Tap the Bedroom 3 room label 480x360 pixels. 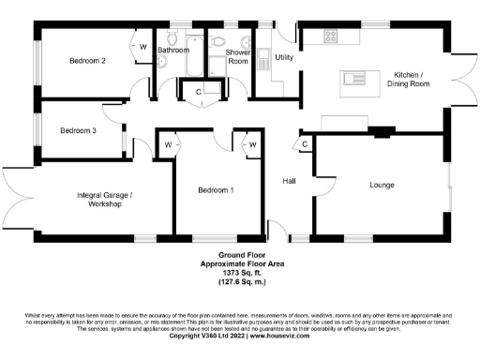pyautogui.click(x=79, y=130)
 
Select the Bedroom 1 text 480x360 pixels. pyautogui.click(x=215, y=190)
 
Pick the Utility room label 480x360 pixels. pyautogui.click(x=285, y=57)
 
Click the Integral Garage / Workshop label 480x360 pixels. pyautogui.click(x=105, y=200)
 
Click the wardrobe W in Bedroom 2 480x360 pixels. pyautogui.click(x=144, y=45)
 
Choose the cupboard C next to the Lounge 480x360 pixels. pyautogui.click(x=305, y=143)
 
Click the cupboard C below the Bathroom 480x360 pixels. pyautogui.click(x=199, y=91)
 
